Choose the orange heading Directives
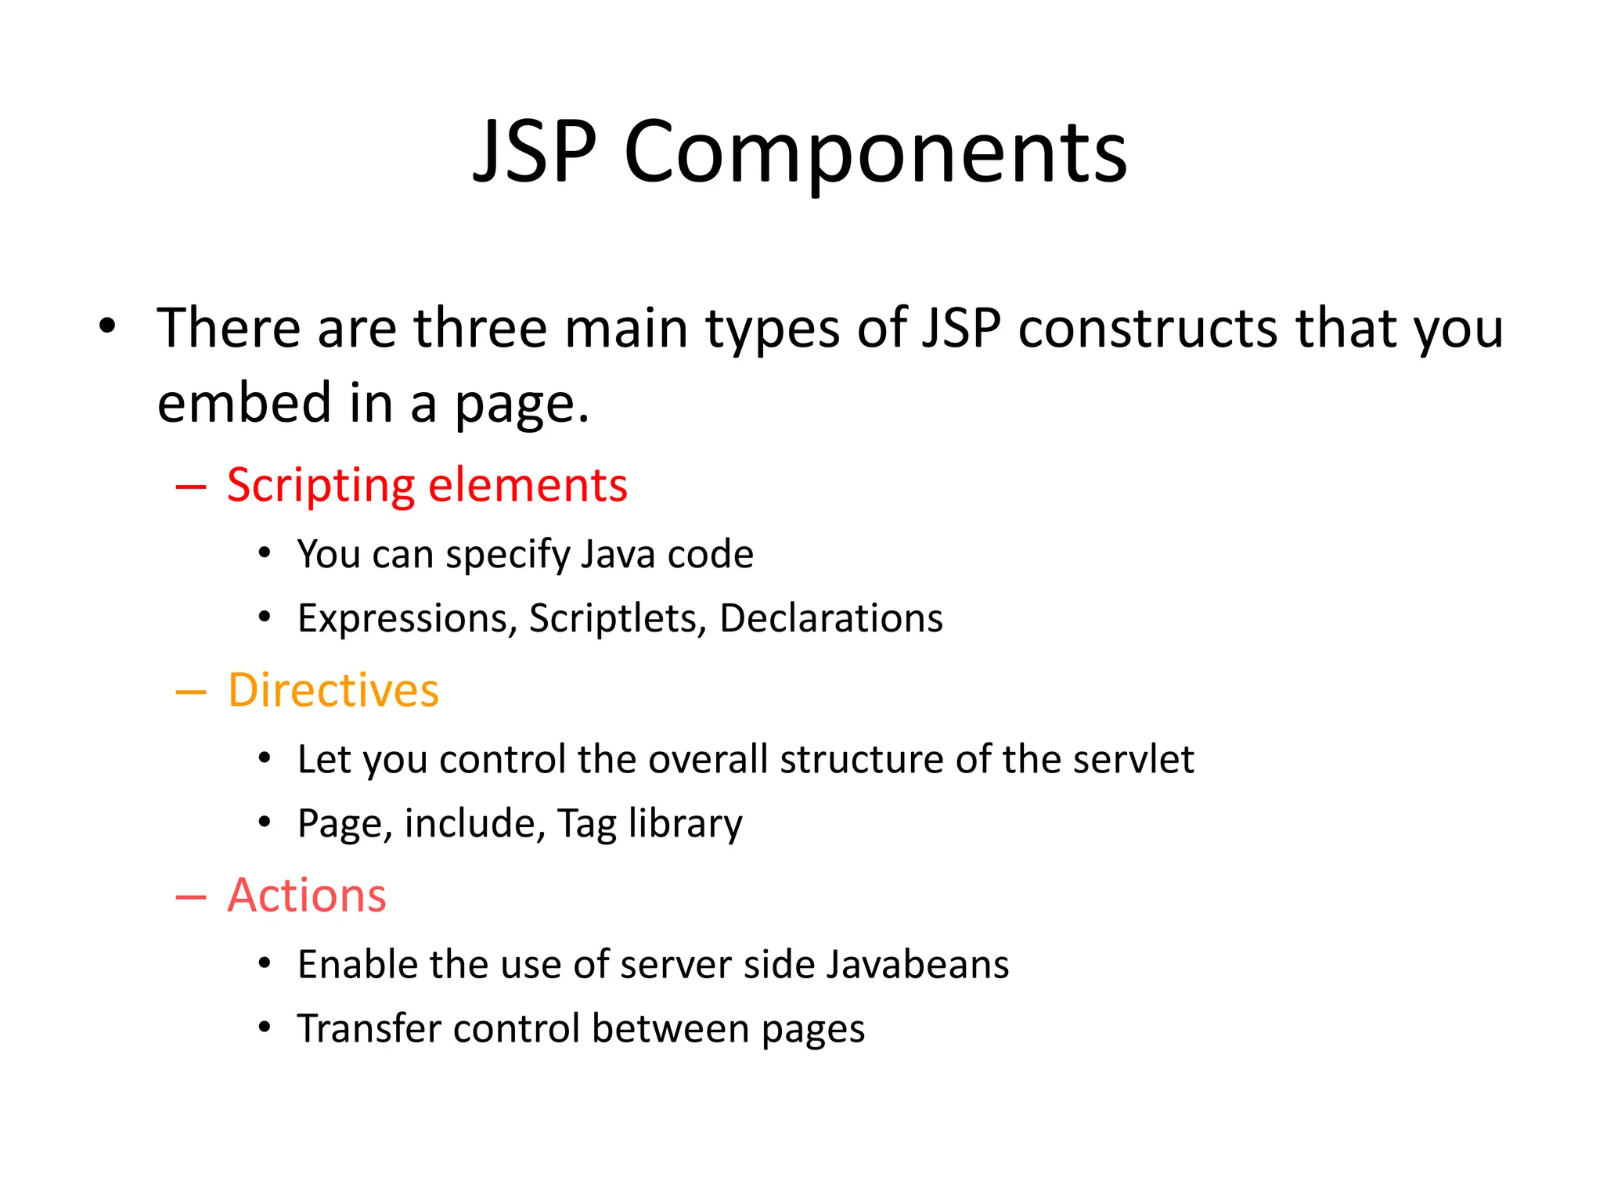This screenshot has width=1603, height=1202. point(333,690)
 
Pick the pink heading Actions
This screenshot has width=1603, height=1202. point(307,895)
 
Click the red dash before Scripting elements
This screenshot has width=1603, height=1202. point(191,488)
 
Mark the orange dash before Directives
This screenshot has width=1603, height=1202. point(191,693)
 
